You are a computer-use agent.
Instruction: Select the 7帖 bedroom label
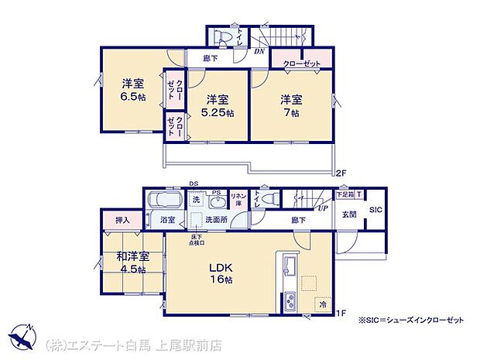tap(290, 105)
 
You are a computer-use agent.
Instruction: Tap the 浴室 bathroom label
tap(168, 220)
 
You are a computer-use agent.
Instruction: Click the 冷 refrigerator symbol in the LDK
tap(322, 304)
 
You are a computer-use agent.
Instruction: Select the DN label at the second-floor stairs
tap(259, 51)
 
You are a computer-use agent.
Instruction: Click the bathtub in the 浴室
tap(163, 200)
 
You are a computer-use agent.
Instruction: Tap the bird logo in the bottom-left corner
tap(22, 340)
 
